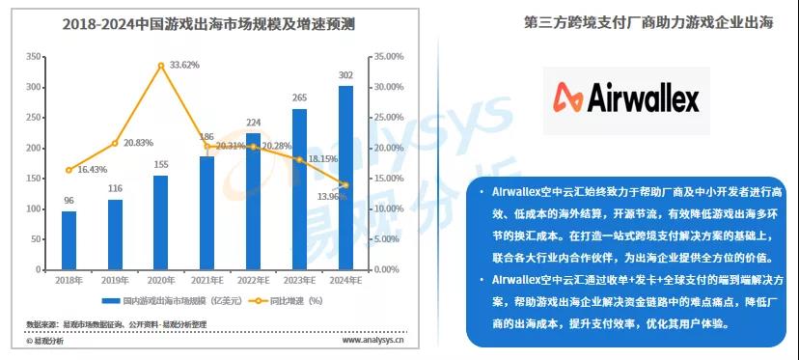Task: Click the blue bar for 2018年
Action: (69, 240)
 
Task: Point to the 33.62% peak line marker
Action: (160, 65)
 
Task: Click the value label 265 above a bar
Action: (299, 97)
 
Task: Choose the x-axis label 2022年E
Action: (253, 280)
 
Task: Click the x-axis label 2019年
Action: (115, 280)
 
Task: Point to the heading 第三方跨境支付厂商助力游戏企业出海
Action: (647, 23)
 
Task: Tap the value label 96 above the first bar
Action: (69, 201)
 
